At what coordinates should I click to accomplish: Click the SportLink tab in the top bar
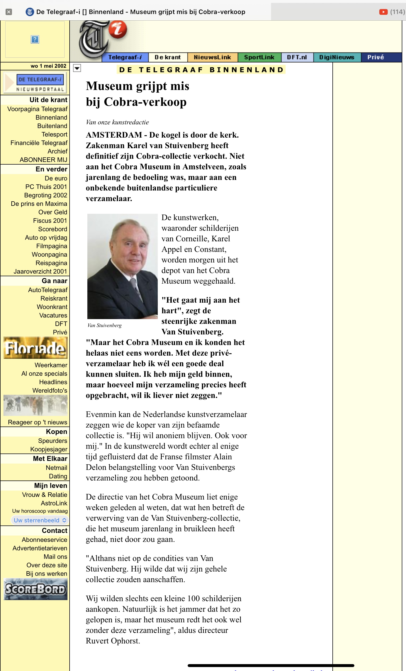coord(259,57)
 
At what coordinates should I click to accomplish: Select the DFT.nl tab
coord(297,57)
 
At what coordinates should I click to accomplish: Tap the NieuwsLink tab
coord(212,57)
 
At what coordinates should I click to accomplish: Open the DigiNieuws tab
coord(337,57)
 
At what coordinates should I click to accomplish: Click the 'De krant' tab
coord(168,57)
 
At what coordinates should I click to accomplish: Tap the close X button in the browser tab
coord(9,12)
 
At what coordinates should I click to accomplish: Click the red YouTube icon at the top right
coord(384,12)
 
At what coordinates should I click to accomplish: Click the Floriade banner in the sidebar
coord(35,348)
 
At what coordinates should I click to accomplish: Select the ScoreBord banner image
coord(35,589)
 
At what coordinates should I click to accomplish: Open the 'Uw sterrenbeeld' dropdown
coord(40,520)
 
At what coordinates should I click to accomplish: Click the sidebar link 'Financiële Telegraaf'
coord(39,143)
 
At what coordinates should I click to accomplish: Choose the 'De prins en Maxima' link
coord(39,204)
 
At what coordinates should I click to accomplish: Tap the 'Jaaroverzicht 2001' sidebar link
coord(40,271)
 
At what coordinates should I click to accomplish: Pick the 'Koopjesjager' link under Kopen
coord(49,449)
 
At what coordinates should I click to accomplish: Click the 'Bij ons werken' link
coord(47,574)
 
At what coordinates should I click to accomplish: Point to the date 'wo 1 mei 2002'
coord(48,66)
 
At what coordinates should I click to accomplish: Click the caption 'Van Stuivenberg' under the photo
coord(105,325)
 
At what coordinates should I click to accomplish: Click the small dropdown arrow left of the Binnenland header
coord(77,68)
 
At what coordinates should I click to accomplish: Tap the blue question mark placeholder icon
coord(35,39)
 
